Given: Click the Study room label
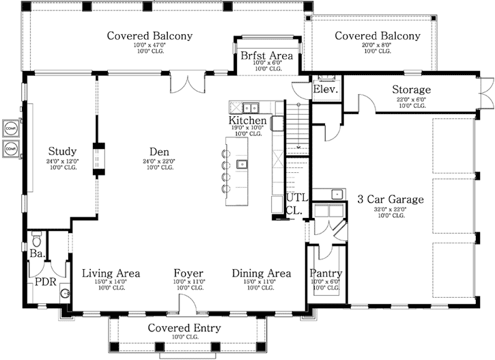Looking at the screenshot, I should pos(61,151).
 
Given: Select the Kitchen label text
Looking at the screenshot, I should pos(246,121).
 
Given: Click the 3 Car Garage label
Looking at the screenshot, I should pos(391,199).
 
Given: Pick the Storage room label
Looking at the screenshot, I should pos(411,89).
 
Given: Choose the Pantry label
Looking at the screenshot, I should pos(326,273).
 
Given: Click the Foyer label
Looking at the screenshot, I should pos(188,273).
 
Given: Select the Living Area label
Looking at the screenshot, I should pos(111,273).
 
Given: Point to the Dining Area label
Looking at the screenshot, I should pos(261,273).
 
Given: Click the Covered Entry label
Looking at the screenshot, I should pos(184,328).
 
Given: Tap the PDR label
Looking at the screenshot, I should pos(45,281).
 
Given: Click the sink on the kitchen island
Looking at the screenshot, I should pos(242,164).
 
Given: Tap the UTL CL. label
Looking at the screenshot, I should pos(297,204).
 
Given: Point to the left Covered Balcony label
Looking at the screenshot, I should pos(150,36).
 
